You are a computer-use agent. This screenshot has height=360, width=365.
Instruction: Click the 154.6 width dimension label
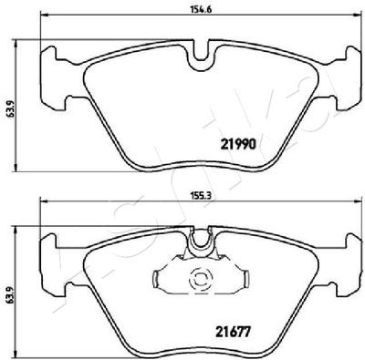pos(201,9)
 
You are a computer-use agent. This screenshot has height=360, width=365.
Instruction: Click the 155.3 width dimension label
pos(201,196)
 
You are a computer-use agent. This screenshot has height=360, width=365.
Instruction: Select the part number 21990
pos(238,145)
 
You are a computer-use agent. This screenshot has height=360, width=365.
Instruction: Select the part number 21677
pos(233,331)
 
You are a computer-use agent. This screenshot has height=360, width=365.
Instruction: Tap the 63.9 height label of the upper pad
pos(9,107)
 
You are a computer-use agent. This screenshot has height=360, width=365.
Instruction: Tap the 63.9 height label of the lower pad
pos(9,293)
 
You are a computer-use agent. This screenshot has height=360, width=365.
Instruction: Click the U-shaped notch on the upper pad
pos(201,57)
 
